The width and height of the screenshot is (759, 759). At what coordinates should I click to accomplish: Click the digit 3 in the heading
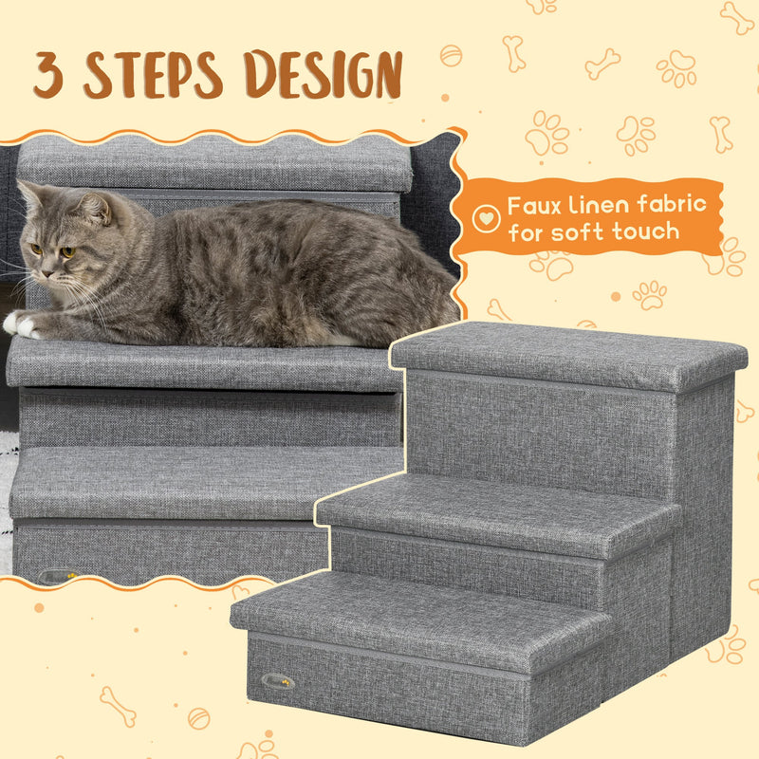(x=49, y=75)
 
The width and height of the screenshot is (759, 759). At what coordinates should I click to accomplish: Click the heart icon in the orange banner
(x=485, y=218)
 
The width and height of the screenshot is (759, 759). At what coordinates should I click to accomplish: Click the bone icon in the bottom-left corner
(x=120, y=707)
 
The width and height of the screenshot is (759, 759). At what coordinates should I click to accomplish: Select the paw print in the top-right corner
(x=676, y=67)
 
